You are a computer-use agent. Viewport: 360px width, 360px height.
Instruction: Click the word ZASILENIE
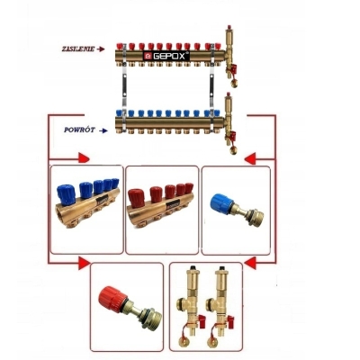[x=78, y=49]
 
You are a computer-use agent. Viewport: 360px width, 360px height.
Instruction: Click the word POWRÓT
[x=79, y=130]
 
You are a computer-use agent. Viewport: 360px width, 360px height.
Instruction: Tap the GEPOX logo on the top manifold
[x=166, y=56]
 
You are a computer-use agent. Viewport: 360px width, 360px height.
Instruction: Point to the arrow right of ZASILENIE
[x=101, y=49]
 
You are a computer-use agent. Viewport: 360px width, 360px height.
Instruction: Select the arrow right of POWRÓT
[x=103, y=130]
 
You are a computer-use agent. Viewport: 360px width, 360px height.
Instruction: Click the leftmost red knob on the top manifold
[x=120, y=47]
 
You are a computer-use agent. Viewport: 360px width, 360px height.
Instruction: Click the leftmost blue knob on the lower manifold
[x=120, y=113]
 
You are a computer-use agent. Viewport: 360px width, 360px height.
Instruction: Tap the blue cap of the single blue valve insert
[x=221, y=203]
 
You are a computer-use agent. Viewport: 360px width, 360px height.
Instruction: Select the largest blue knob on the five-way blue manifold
[x=67, y=194]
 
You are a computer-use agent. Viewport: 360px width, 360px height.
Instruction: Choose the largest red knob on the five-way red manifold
[x=136, y=198]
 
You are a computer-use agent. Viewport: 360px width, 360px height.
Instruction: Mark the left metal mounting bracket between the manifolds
[x=124, y=87]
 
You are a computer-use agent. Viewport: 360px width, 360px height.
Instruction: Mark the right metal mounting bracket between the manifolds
[x=212, y=87]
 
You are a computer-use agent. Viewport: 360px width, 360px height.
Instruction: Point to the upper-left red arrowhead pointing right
[x=84, y=157]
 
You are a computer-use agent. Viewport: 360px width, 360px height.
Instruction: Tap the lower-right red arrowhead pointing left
[x=250, y=263]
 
